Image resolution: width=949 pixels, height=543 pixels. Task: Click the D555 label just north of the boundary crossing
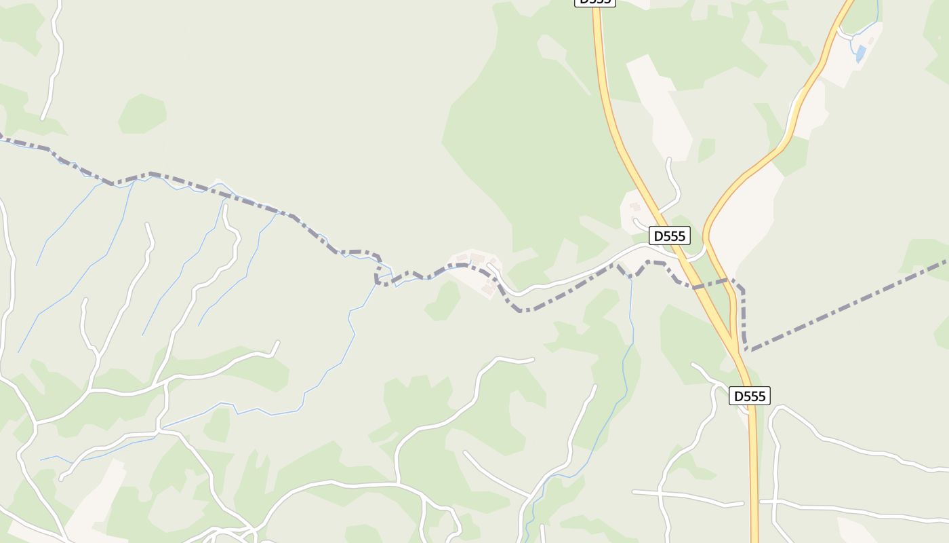click(670, 236)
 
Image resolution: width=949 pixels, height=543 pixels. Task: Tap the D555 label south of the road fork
click(750, 396)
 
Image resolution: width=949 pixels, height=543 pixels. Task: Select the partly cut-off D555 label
click(594, 2)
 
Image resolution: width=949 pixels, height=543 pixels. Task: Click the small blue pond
click(861, 53)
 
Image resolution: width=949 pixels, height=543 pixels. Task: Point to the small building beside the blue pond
click(871, 41)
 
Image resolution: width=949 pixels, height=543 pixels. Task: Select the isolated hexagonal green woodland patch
click(142, 113)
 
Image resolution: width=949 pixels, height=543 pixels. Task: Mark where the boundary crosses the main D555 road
click(695, 286)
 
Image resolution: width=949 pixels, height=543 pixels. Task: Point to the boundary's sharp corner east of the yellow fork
click(743, 291)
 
